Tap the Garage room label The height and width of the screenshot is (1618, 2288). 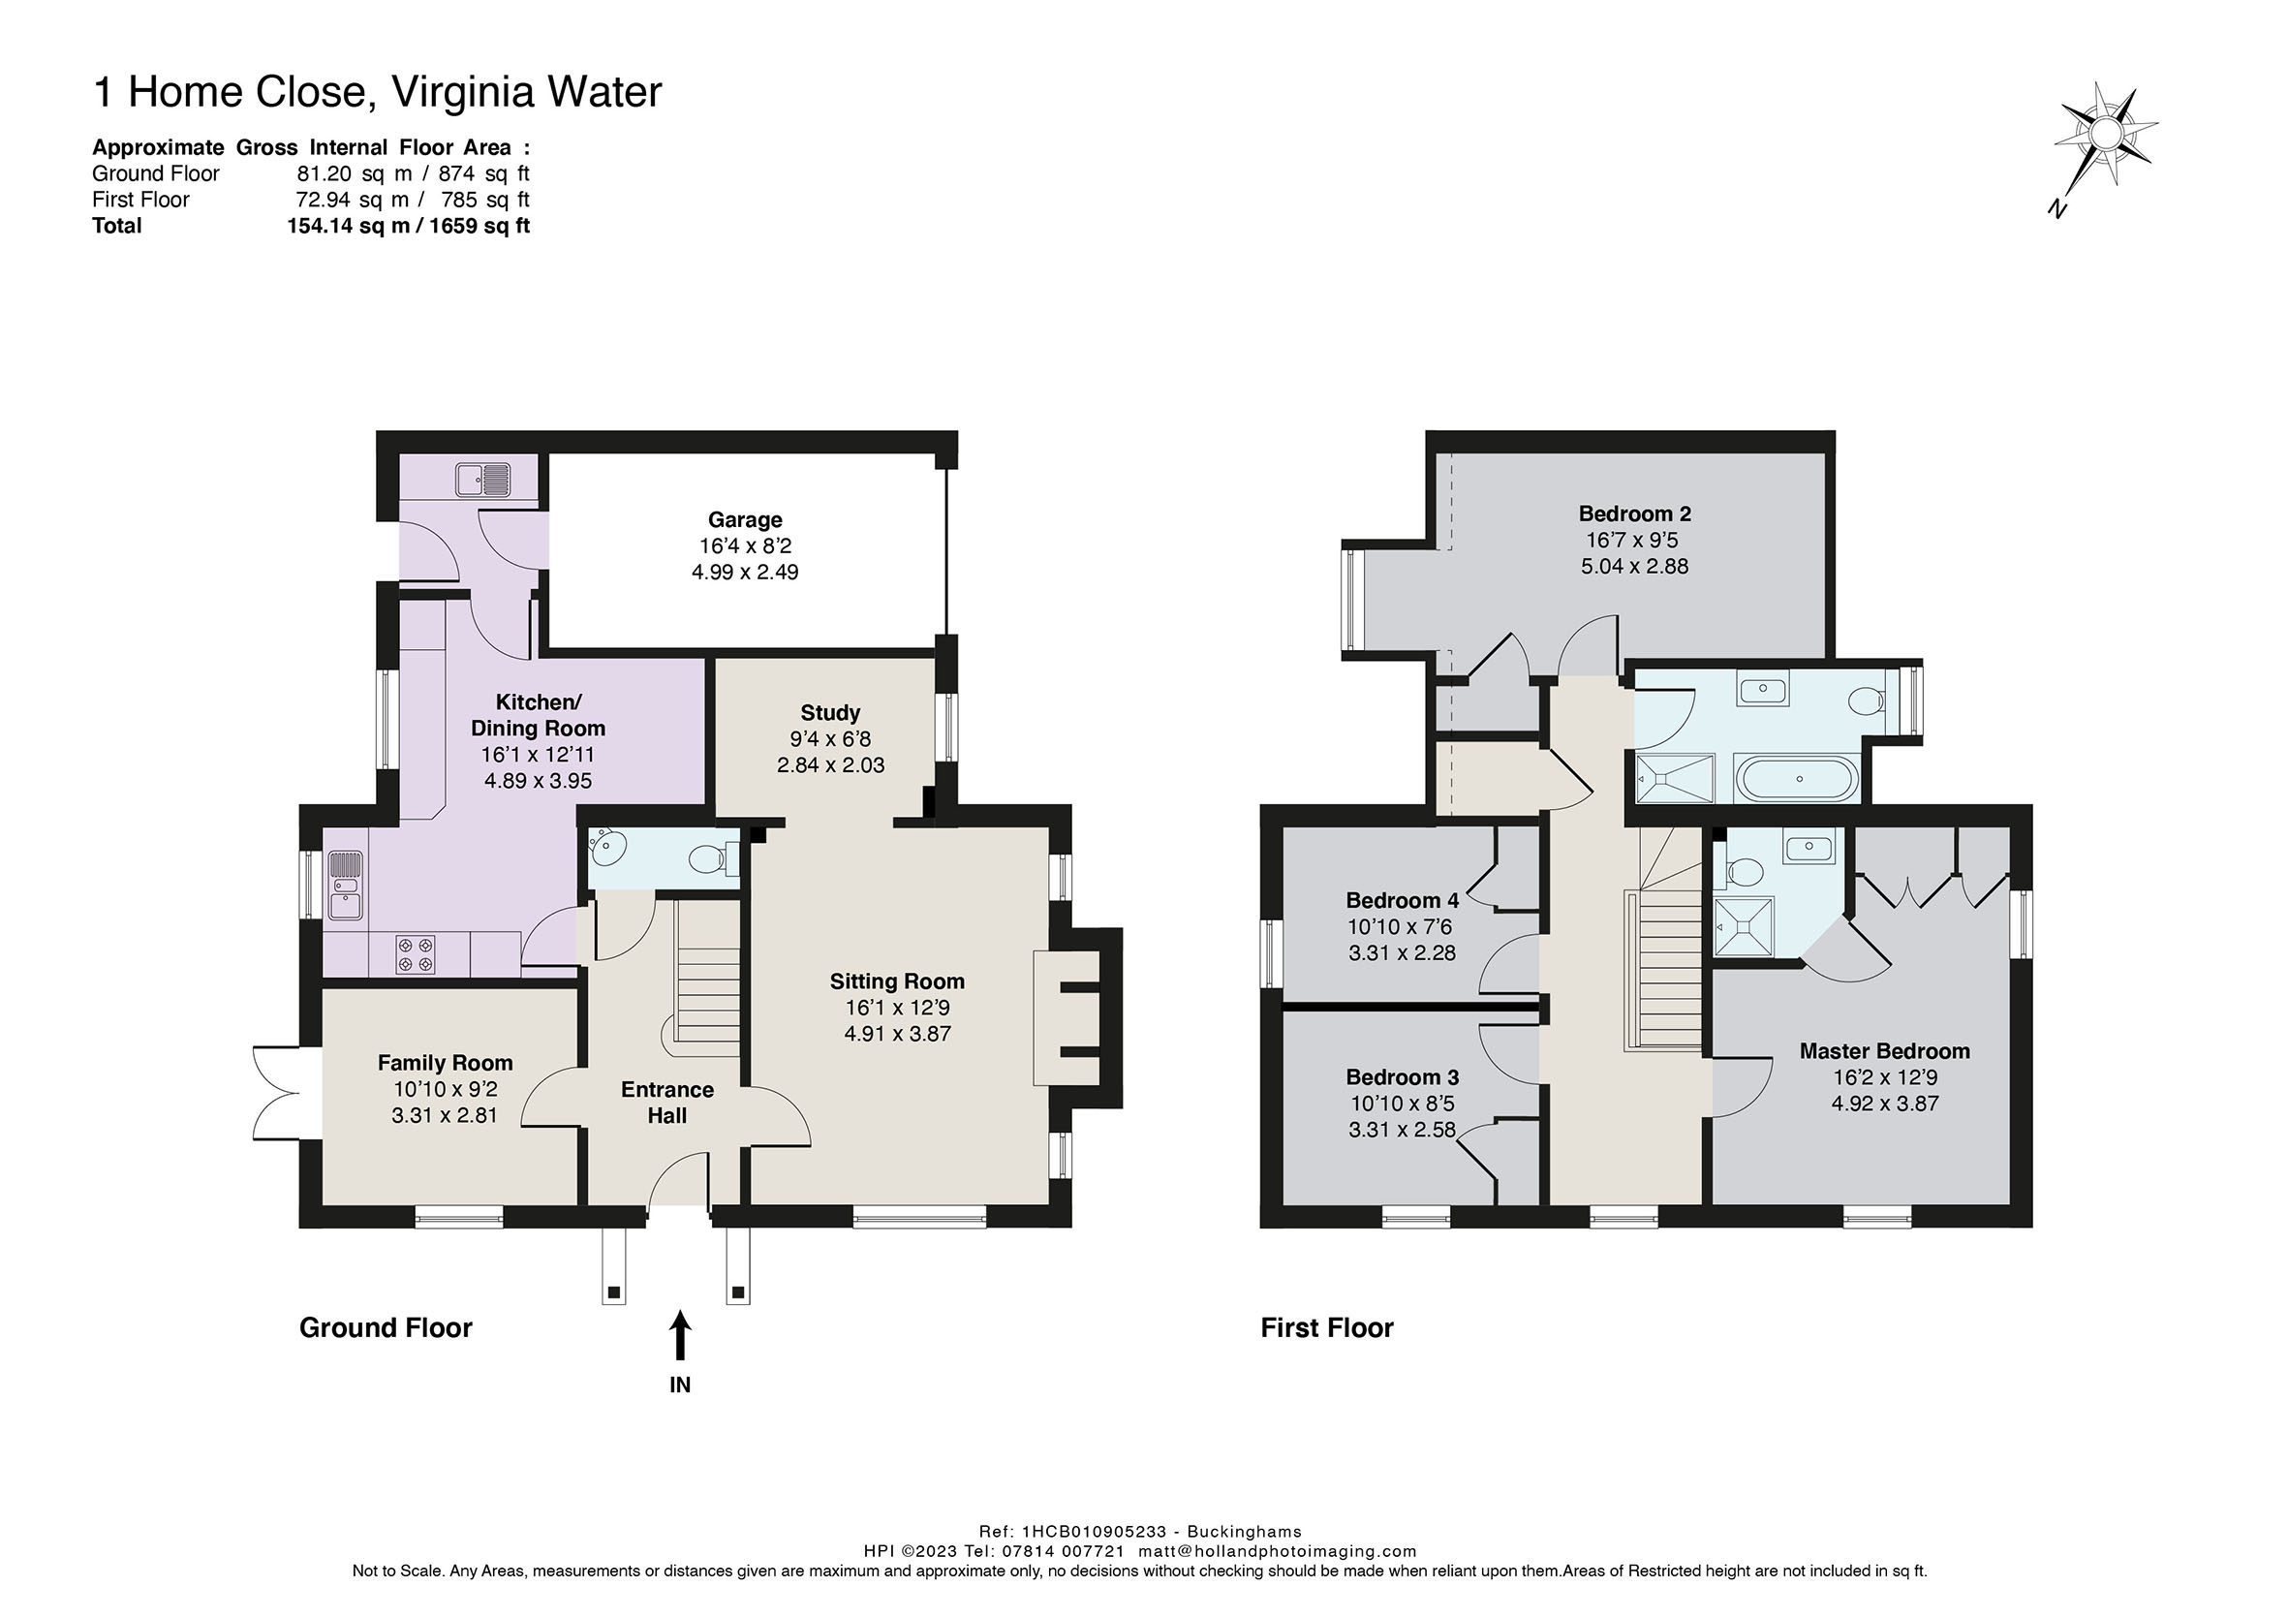tap(746, 519)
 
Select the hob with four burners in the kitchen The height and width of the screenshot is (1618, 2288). tap(416, 954)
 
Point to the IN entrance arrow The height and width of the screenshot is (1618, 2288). tap(680, 1337)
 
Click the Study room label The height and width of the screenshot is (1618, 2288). tap(830, 713)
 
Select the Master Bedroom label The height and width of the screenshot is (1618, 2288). tap(1884, 1051)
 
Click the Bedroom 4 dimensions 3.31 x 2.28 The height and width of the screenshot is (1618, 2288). tap(1402, 952)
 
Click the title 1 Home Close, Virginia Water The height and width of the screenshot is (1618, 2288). tap(378, 92)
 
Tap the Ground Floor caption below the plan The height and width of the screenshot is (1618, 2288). tap(386, 1328)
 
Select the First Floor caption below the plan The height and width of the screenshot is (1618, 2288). tap(1326, 1328)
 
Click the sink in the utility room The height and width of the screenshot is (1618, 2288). tap(483, 480)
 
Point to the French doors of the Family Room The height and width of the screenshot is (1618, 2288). tap(277, 1093)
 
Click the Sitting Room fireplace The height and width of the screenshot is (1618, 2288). tap(1078, 1018)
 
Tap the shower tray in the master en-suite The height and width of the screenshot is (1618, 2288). tap(1744, 927)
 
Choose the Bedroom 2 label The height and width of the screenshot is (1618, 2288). tap(1634, 513)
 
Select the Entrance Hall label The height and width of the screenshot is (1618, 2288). tap(666, 1103)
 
